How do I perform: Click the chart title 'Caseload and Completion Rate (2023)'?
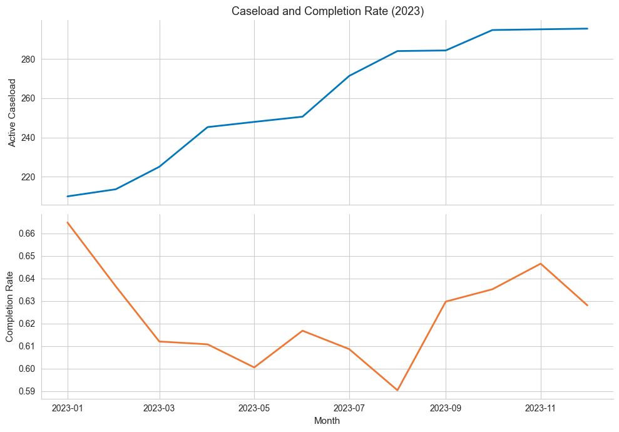pos(328,11)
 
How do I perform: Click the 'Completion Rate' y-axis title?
pos(10,306)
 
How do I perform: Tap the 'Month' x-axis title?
pos(327,421)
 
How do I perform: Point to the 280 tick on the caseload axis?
pos(28,59)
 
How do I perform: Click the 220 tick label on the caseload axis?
pos(28,177)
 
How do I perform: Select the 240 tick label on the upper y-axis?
pos(28,138)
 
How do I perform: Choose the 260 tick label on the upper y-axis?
pos(28,99)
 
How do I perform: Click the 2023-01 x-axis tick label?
pos(68,408)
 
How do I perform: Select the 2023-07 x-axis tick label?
pos(349,408)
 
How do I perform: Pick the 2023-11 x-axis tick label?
pos(541,408)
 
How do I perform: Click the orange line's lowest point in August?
pos(397,390)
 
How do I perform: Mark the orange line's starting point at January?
pos(68,222)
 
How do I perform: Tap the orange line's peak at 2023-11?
pos(541,264)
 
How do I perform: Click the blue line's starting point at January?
pos(68,197)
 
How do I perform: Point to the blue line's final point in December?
pos(588,28)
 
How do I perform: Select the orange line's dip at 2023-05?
pos(254,368)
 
